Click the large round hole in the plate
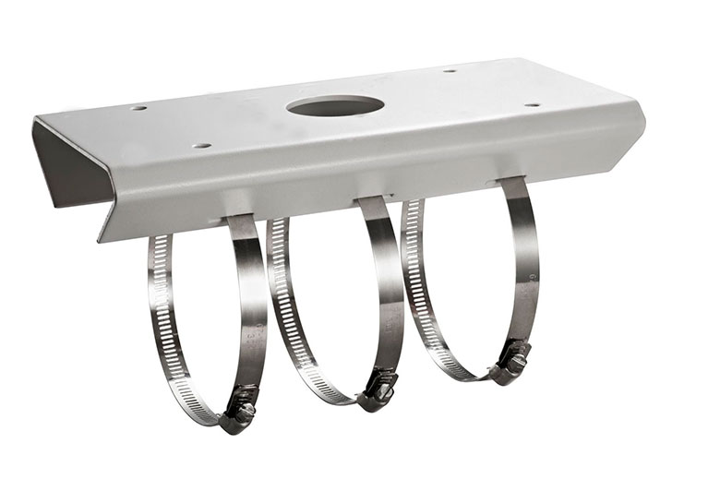point(335,105)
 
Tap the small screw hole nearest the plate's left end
point(138,108)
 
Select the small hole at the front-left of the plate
point(201,146)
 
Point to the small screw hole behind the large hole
point(450,71)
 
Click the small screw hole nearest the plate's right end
point(532,105)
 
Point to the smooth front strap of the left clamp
point(250,305)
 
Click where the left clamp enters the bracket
point(238,219)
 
